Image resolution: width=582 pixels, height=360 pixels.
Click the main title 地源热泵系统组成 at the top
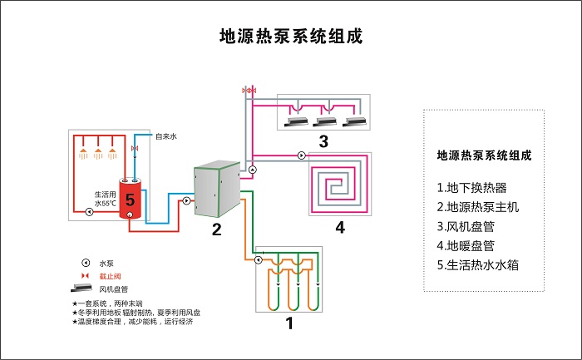click(x=290, y=37)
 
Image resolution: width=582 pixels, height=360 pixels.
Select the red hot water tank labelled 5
click(x=130, y=199)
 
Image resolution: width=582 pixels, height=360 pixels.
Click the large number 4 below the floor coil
click(x=339, y=227)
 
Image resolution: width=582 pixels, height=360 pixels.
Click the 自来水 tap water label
click(x=166, y=136)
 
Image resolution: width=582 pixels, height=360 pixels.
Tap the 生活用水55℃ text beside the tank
click(x=104, y=199)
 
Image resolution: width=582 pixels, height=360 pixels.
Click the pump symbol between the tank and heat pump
click(x=186, y=200)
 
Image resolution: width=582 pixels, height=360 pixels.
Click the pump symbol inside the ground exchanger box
click(x=260, y=260)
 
